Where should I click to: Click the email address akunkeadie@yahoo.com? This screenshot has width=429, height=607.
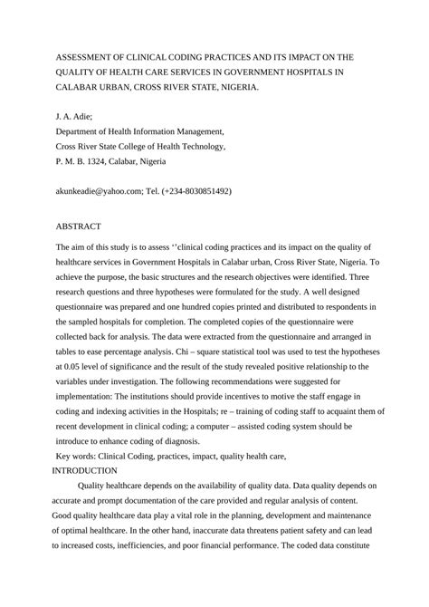tap(104, 192)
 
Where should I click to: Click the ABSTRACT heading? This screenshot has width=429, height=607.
tap(79, 226)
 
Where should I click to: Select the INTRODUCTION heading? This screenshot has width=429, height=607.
tap(84, 471)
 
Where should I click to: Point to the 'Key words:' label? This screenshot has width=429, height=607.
tap(81, 458)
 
